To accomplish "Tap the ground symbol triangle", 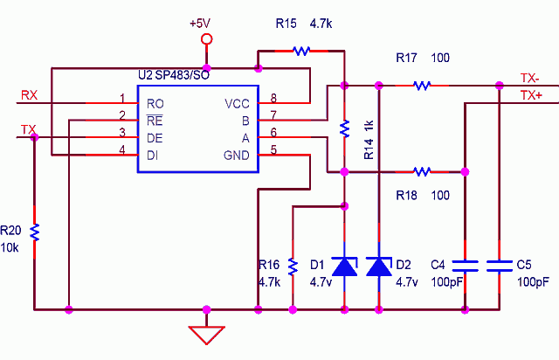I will [x=207, y=334].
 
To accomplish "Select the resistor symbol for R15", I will [x=301, y=51].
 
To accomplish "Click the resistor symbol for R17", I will [x=422, y=85].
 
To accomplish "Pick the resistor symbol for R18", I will [x=422, y=170].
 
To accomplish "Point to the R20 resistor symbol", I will [x=34, y=232].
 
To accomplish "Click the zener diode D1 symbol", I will [x=346, y=266].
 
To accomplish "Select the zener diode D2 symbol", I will [x=378, y=266].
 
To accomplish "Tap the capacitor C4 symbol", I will [x=466, y=265].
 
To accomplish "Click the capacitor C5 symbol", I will [x=499, y=265].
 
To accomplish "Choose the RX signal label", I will [x=28, y=94].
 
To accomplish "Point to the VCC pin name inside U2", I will [x=237, y=104].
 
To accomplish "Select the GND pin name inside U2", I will [x=237, y=156].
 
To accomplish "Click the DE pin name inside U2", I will [x=155, y=138].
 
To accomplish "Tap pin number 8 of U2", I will [x=273, y=98].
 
